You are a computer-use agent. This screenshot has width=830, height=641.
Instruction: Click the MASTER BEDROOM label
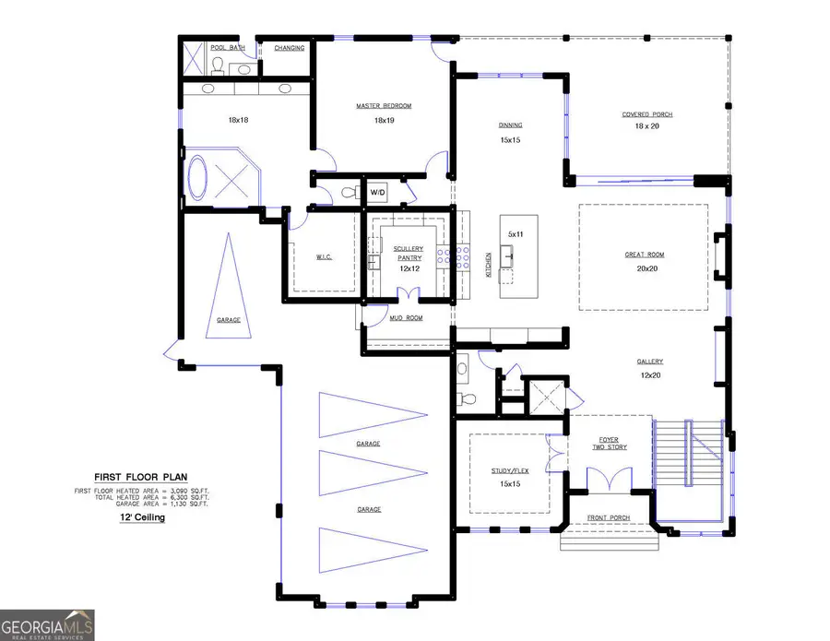384,106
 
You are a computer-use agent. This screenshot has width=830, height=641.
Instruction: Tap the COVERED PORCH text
646,114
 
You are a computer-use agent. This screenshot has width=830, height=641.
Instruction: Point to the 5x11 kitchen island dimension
515,234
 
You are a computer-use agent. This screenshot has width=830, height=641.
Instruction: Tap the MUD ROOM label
407,318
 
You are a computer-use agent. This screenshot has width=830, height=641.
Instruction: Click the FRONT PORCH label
608,518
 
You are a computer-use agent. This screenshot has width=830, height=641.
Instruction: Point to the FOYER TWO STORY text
608,443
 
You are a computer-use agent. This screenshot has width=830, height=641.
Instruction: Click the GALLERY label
649,362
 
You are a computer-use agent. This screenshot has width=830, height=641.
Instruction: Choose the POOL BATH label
227,47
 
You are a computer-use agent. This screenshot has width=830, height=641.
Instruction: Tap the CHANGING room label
290,48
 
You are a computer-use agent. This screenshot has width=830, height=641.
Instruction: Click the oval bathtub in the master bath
198,177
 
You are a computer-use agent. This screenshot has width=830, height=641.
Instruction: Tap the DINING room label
511,125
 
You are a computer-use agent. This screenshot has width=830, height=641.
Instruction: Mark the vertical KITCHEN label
489,265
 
